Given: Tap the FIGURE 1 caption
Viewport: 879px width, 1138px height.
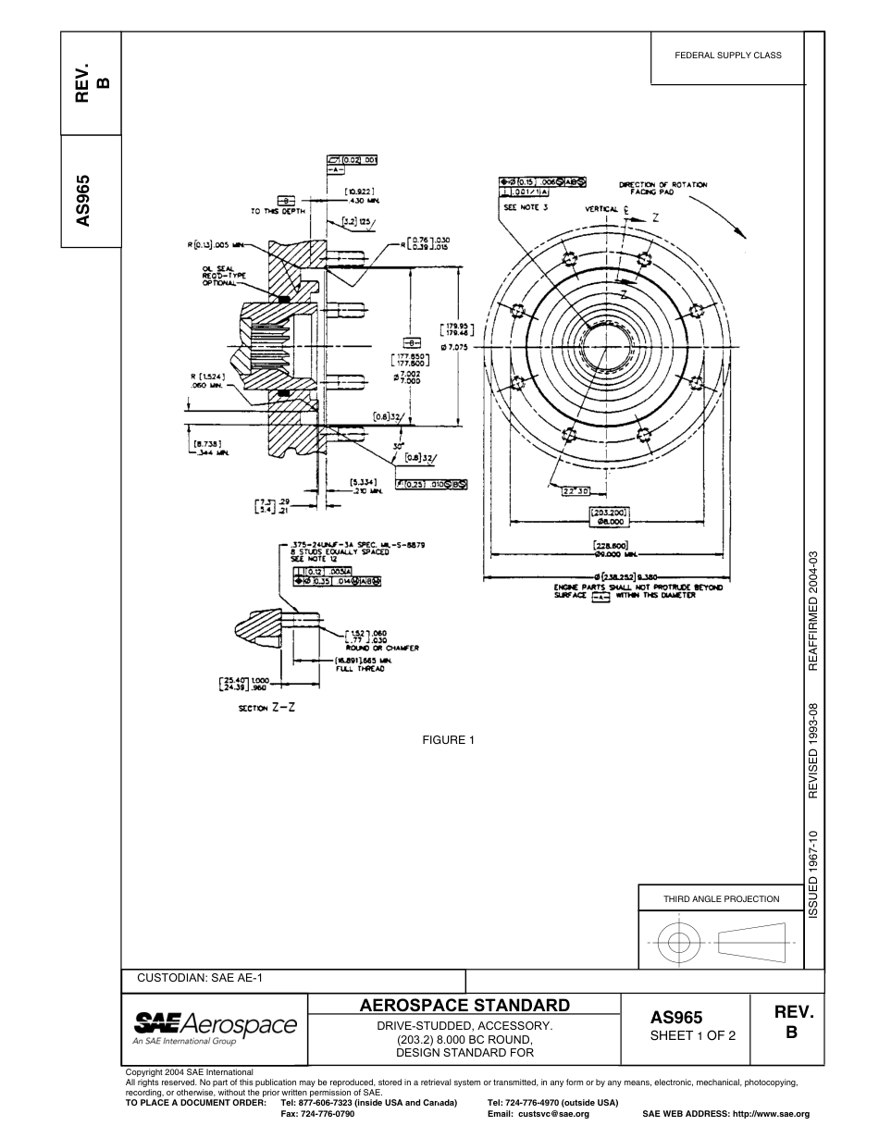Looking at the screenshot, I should (448, 739).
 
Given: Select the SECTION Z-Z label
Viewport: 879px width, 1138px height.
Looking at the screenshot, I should (266, 707).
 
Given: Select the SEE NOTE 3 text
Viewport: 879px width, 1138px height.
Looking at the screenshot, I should (526, 208).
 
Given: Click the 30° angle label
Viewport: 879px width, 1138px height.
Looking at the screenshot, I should (398, 445).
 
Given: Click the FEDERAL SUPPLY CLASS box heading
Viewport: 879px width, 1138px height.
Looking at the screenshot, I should (728, 55).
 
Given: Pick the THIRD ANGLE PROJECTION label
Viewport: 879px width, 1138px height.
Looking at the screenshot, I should (721, 898).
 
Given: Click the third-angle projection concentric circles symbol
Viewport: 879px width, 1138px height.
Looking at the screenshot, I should (679, 943).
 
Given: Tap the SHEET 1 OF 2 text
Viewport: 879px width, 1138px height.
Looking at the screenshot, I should (693, 1035).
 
